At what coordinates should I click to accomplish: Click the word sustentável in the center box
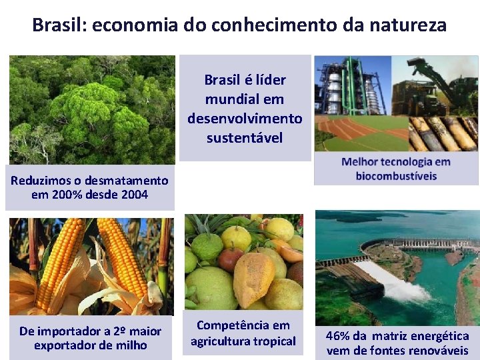[x=245, y=138]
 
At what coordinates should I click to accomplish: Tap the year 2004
[x=133, y=195]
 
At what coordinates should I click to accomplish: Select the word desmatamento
[x=126, y=180]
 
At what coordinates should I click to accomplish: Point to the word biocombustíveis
[x=396, y=176]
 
